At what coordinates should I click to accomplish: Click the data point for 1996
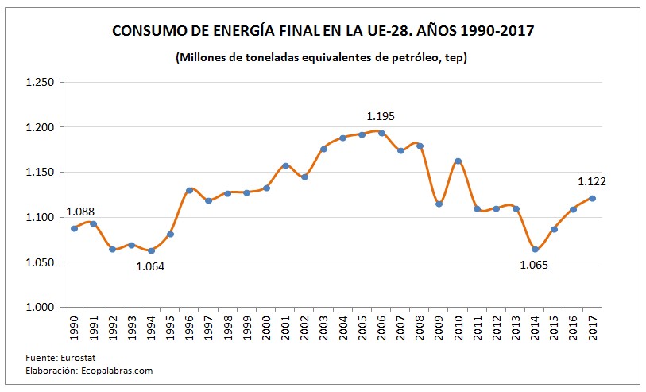(189, 191)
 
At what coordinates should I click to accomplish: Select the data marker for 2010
(458, 161)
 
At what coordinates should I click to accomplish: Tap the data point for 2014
(535, 250)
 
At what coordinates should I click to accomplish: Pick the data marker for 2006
(381, 134)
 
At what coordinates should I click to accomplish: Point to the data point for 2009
(439, 204)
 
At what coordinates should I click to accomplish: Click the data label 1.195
(380, 116)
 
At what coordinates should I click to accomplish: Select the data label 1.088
(80, 212)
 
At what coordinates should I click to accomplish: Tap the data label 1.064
(150, 266)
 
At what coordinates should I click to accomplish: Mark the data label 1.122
(592, 181)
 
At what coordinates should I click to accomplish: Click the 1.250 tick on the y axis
(39, 83)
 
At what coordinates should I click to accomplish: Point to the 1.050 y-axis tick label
(39, 262)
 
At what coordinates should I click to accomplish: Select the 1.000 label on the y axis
(39, 307)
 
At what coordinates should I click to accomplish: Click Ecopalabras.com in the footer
(116, 370)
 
